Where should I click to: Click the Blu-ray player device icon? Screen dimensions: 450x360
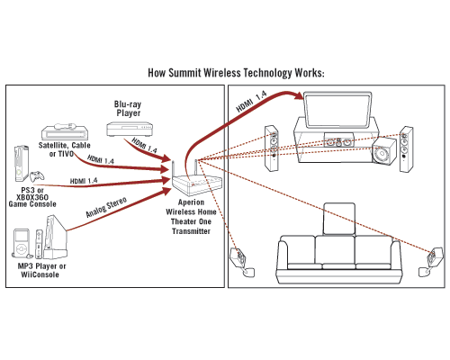pos(130,129)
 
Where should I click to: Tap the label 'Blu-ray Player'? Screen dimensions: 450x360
pos(128,109)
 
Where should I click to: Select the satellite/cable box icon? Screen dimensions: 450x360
pos(65,131)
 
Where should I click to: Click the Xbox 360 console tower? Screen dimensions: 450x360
pos(22,164)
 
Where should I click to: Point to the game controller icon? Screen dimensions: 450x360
pos(37,176)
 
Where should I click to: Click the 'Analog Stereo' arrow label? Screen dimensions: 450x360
pos(106,207)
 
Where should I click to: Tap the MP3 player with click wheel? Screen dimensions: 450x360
pos(22,244)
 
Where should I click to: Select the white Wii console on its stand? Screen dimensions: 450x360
pos(56,237)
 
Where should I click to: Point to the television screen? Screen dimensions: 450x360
pos(337,110)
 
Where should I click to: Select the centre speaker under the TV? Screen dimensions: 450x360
pos(338,140)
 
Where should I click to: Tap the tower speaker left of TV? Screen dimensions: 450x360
pos(272,148)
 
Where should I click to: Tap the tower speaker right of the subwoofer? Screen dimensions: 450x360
pos(406,149)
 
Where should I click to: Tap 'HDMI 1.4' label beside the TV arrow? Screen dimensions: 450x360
pos(251,102)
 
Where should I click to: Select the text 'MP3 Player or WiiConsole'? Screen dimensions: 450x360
pos(41,270)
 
